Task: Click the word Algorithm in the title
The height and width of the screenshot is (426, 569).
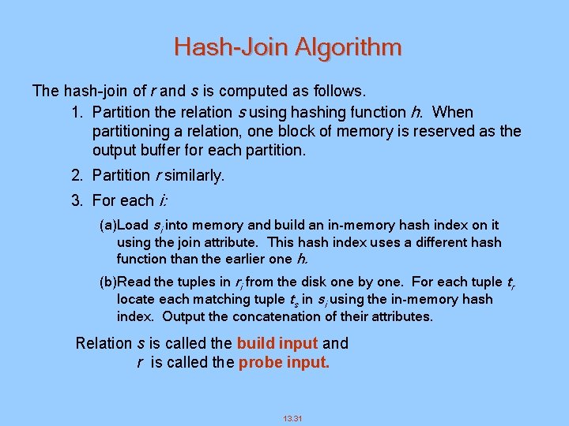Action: [x=348, y=47]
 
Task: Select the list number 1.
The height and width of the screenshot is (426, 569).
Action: [x=76, y=112]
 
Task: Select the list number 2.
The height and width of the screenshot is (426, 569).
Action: [x=76, y=175]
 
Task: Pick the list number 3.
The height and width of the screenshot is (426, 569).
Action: [x=76, y=200]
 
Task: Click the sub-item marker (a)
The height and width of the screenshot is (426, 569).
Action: [x=107, y=226]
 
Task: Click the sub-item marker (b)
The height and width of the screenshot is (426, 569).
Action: [x=107, y=282]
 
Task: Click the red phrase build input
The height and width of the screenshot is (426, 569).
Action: [x=277, y=343]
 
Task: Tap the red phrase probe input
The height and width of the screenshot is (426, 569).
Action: [x=284, y=362]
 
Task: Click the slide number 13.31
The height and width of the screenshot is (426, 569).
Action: [x=292, y=418]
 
